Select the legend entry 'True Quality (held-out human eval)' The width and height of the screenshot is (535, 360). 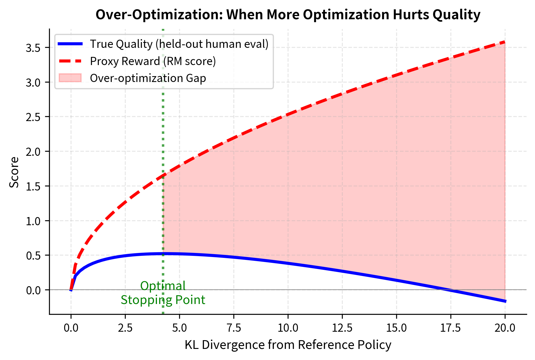tap(179, 44)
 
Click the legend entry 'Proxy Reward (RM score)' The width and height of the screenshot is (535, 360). tap(153, 61)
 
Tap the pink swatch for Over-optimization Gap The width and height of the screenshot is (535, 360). tap(70, 78)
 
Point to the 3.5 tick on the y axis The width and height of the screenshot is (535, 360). tap(33, 48)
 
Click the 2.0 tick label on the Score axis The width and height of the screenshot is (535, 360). tap(33, 152)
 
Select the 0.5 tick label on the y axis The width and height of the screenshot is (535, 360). tap(33, 256)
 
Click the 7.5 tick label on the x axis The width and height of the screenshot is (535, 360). tap(234, 328)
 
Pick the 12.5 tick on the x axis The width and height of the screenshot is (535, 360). tap(342, 328)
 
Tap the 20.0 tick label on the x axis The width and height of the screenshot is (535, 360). tap(505, 328)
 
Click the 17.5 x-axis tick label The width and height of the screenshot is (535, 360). tap(451, 328)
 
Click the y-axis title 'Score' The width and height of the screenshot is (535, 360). tap(14, 172)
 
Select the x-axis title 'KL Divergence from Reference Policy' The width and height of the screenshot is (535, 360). tap(288, 345)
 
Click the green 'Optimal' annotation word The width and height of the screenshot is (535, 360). tap(163, 286)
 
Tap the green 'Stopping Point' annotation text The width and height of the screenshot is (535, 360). tap(163, 300)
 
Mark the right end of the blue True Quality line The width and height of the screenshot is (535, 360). tap(505, 301)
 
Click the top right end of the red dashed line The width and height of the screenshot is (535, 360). tap(505, 42)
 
